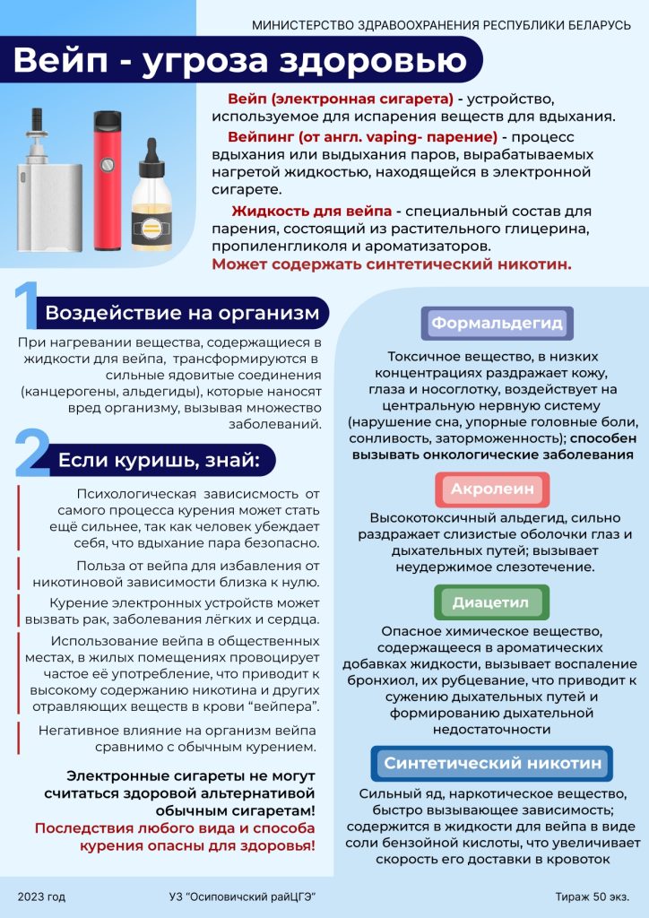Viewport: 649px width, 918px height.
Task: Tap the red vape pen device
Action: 108,179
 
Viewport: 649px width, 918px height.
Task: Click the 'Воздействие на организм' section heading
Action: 182,313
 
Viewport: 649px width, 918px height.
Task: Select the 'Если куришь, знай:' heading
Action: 159,460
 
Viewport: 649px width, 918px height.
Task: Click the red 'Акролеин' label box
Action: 491,489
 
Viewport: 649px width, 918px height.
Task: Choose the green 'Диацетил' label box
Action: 490,602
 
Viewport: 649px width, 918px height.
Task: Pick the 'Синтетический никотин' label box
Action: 492,764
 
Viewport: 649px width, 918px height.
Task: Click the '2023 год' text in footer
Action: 41,896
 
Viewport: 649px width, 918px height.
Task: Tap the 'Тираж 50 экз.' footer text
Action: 592,896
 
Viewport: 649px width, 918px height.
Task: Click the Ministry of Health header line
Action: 442,24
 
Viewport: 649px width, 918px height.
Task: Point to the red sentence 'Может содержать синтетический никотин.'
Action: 392,264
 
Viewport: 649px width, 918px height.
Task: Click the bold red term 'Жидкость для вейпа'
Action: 311,212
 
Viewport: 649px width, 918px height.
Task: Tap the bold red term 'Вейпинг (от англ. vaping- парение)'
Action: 362,137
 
